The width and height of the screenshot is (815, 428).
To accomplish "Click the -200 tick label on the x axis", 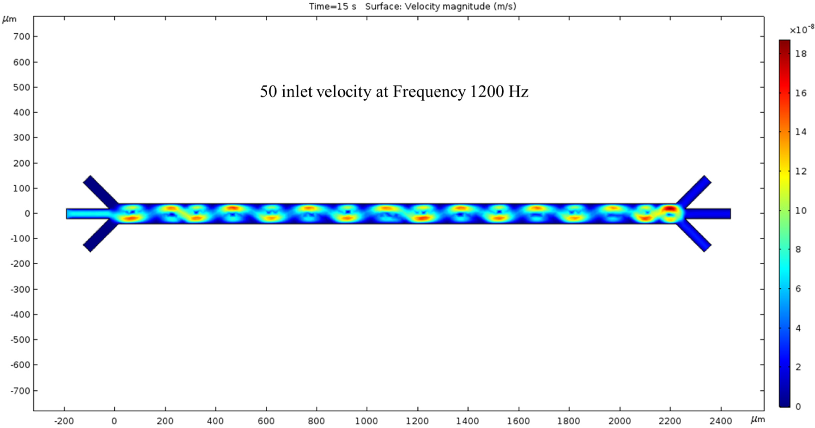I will [64, 421].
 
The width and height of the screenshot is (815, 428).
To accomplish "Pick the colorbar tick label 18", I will [800, 54].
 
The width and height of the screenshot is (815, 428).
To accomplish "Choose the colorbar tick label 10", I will [800, 210].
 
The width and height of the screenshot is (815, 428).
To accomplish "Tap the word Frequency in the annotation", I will [429, 92].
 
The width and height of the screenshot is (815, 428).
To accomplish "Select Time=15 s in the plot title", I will [332, 6].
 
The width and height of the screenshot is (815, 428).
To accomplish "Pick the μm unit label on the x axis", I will [758, 420].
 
